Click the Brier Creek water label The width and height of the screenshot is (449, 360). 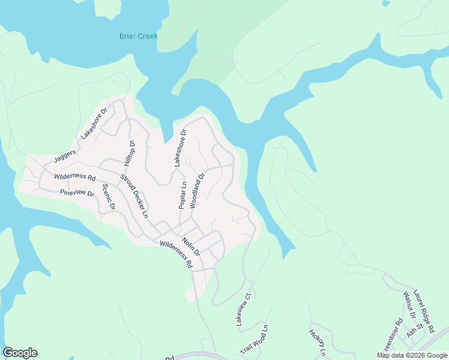pyautogui.click(x=139, y=36)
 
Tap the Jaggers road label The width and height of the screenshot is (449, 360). pyautogui.click(x=65, y=155)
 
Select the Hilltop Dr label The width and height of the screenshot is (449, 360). pyautogui.click(x=128, y=154)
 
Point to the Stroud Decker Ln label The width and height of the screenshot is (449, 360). pyautogui.click(x=134, y=196)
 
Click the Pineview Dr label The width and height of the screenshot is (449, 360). pyautogui.click(x=77, y=193)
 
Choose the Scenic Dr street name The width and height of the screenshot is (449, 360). pyautogui.click(x=108, y=197)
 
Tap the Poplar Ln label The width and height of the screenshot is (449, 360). pyautogui.click(x=182, y=194)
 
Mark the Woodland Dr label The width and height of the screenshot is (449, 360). pyautogui.click(x=197, y=190)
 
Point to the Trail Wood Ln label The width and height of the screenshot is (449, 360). pyautogui.click(x=256, y=340)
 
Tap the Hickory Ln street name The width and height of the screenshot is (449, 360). pyautogui.click(x=316, y=341)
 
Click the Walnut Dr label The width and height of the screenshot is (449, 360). pyautogui.click(x=407, y=305)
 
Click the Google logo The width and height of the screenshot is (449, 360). pyautogui.click(x=20, y=353)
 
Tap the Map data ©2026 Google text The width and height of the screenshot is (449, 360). pyautogui.click(x=412, y=355)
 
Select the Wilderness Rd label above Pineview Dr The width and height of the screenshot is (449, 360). pyautogui.click(x=75, y=178)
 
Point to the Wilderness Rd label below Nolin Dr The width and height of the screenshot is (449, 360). pyautogui.click(x=176, y=254)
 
